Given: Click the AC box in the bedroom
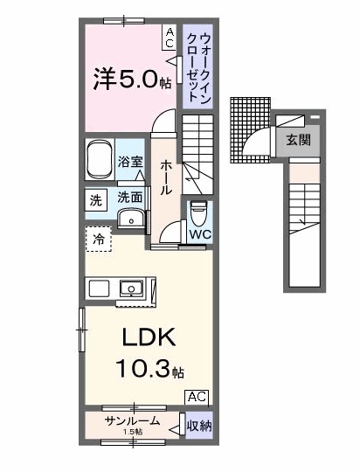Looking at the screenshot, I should click(x=170, y=36).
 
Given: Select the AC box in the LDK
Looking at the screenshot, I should click(x=197, y=396).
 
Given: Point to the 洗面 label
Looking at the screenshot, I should click(x=130, y=198).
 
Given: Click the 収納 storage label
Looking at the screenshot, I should click(x=198, y=426).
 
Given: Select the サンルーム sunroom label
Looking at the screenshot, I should click(x=132, y=422).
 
